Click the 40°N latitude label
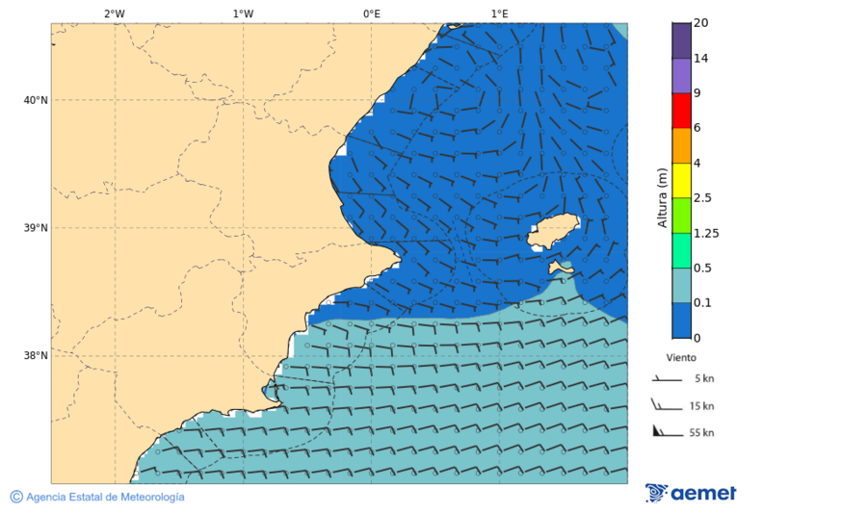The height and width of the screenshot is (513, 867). [x=36, y=100]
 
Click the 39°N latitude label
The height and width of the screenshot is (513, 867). [x=36, y=228]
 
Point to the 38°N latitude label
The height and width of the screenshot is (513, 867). [x=36, y=356]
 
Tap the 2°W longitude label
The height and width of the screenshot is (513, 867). [x=114, y=13]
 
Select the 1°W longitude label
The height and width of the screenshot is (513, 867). [x=243, y=13]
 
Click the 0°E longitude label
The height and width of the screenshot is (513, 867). [x=371, y=13]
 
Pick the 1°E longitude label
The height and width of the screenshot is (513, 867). [x=499, y=13]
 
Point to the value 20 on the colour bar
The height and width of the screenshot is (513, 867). [x=701, y=24]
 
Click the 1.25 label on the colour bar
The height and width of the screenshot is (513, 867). [x=706, y=233]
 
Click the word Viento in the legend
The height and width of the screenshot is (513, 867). [x=681, y=357]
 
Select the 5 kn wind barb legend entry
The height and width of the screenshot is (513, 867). [x=683, y=379]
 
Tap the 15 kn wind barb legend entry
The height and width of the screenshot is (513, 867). [x=683, y=405]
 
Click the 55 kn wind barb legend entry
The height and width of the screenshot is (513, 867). [x=683, y=432]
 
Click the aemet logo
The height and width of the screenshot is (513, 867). [x=691, y=493]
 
